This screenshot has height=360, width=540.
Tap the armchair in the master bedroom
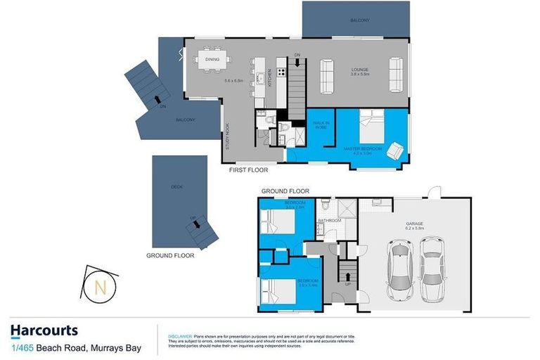[395, 150]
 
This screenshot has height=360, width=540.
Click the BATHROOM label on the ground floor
[330, 221]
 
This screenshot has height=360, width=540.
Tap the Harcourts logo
[44, 331]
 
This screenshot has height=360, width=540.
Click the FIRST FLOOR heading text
[248, 169]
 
